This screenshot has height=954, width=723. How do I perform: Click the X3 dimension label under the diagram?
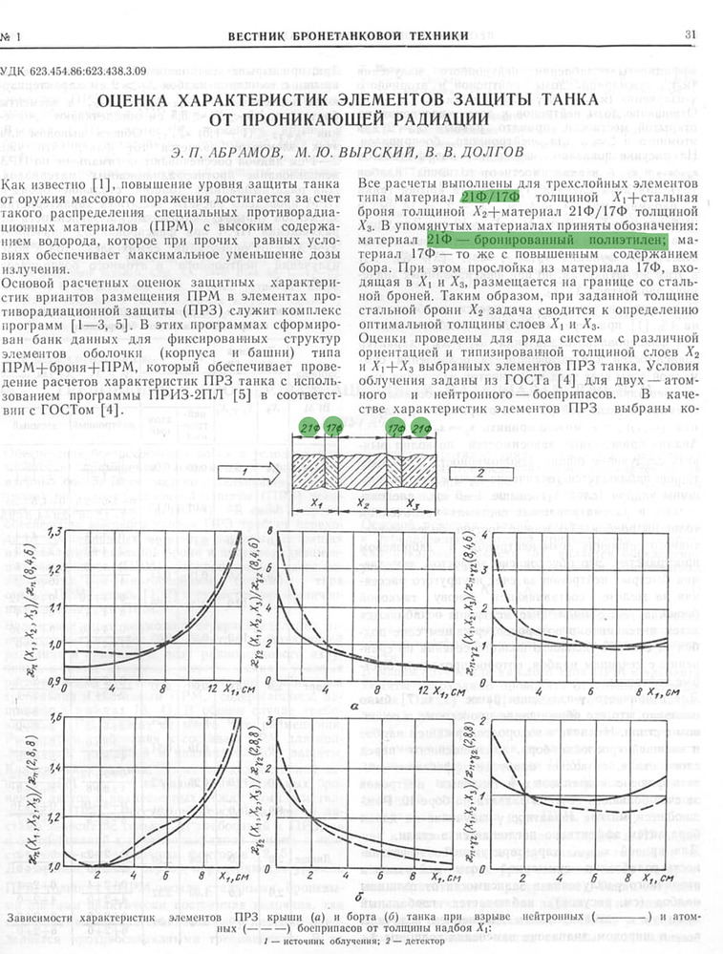[x=413, y=502]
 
